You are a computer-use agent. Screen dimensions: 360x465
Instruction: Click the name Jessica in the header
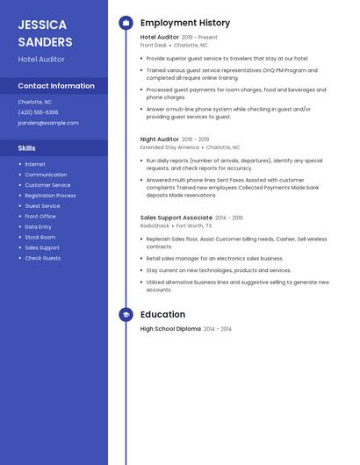(42, 24)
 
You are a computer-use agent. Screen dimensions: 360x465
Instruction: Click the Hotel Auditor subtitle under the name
(41, 60)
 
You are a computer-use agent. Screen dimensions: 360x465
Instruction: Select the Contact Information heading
(56, 86)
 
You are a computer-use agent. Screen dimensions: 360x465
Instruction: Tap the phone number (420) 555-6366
(38, 112)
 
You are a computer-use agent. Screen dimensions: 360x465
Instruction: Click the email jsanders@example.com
(48, 123)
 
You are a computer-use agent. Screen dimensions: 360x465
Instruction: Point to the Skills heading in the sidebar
(27, 148)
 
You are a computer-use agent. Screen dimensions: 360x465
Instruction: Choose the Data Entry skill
(38, 226)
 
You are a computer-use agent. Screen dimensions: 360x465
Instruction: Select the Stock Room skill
(40, 237)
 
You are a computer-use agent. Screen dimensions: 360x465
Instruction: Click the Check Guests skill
(42, 258)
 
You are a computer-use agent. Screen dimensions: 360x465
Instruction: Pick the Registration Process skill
(50, 196)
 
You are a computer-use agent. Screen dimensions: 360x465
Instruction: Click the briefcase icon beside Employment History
(126, 23)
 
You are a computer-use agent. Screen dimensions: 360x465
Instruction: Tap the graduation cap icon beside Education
(126, 314)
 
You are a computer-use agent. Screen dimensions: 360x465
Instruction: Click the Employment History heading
(185, 23)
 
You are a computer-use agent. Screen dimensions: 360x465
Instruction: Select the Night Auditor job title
(159, 139)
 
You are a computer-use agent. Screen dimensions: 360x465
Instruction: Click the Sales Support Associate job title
(176, 218)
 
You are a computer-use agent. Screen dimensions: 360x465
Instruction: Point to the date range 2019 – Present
(199, 38)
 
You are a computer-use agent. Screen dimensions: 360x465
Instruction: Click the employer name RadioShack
(155, 225)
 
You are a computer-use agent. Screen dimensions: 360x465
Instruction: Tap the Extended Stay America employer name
(169, 147)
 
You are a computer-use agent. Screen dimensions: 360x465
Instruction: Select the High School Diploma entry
(170, 329)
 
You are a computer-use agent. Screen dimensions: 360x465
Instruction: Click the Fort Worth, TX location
(194, 225)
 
